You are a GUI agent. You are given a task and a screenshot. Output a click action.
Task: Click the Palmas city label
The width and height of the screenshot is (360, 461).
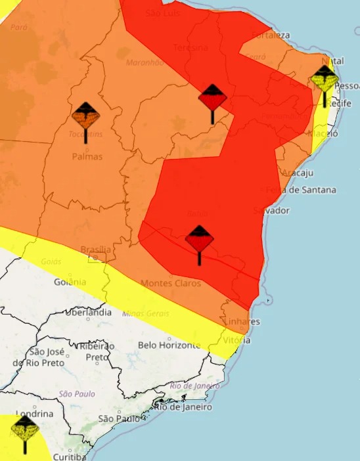(87, 157)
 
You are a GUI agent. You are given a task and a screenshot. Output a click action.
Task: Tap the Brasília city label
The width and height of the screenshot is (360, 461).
(95, 250)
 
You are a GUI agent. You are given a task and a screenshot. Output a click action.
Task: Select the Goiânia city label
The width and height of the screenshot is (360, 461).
(70, 282)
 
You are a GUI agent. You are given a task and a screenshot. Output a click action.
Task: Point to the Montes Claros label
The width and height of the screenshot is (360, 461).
(171, 283)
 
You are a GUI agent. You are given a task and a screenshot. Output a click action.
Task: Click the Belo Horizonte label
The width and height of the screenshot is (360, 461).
(169, 345)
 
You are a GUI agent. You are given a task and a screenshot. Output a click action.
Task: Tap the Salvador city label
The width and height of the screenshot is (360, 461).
(271, 210)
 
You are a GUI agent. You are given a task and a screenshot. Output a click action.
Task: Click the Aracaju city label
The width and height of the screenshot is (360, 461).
(297, 173)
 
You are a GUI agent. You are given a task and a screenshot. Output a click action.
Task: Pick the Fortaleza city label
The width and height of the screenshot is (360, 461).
(270, 34)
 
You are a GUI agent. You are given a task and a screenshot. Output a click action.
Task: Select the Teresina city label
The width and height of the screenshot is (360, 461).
(191, 48)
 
